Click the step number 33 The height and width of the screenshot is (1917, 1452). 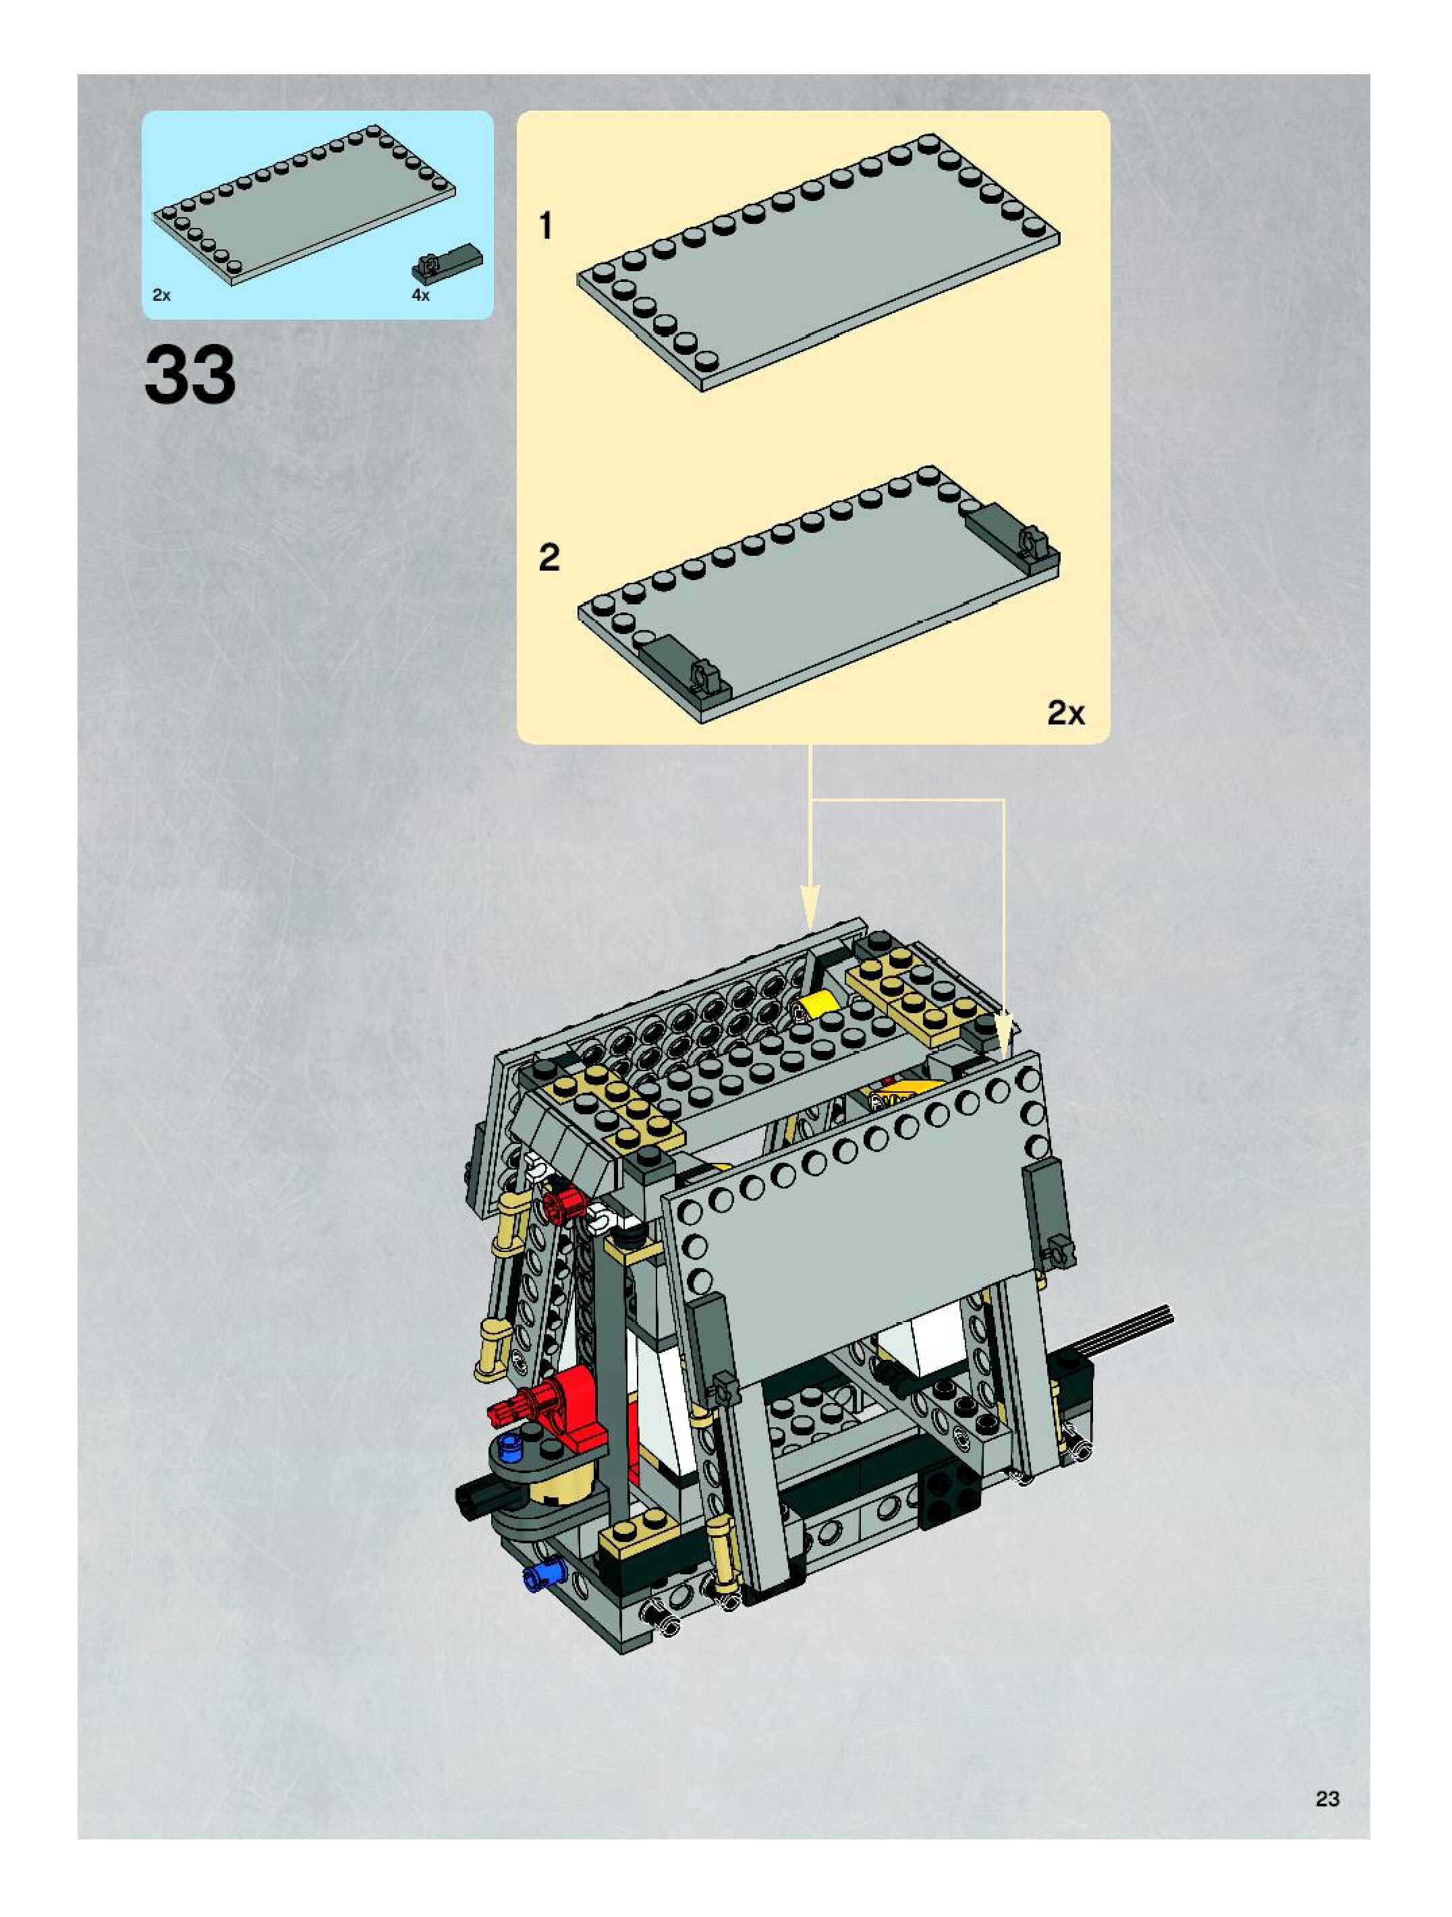point(190,375)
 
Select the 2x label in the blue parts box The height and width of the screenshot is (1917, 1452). point(161,295)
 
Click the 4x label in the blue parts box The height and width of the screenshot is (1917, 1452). point(420,295)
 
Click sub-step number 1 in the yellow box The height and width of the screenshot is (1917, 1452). point(545,226)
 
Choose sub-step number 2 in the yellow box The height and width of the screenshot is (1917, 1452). point(549,557)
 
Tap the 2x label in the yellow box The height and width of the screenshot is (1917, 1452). point(1065,712)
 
